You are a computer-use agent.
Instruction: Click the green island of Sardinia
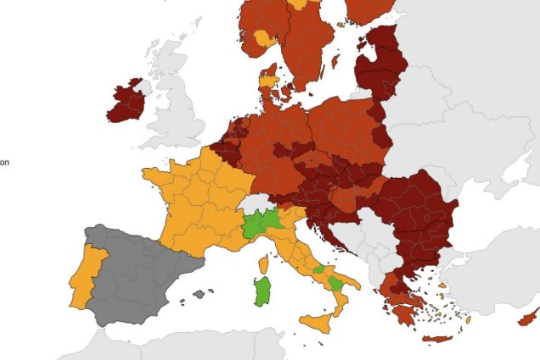coord(262,291)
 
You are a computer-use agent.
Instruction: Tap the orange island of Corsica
coord(264,265)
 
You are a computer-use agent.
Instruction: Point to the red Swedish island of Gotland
coord(335,61)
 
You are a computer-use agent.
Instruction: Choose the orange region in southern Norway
coord(263,39)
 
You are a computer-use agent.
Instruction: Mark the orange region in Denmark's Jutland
coord(269,81)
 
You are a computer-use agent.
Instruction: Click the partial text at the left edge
coord(4,162)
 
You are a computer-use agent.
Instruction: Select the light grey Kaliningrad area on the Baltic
coord(360,94)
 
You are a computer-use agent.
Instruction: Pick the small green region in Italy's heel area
coord(335,283)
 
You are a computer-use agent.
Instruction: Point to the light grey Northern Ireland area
coord(143,86)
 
